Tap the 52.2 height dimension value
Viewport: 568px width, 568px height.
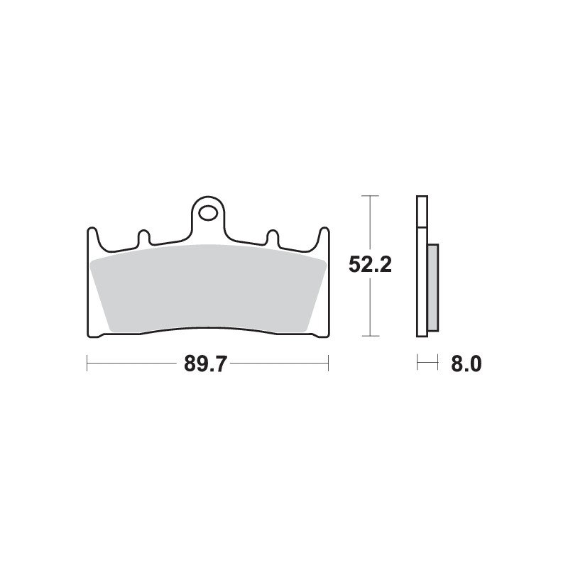coord(370,265)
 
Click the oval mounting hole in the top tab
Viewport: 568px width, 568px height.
coord(208,212)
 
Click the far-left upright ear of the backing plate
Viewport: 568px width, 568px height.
coord(92,238)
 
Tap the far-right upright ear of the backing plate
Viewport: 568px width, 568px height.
coord(324,238)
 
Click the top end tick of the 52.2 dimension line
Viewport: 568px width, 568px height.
coord(370,195)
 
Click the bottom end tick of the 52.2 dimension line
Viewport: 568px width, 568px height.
coord(370,335)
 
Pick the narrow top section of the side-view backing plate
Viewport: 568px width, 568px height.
coord(422,211)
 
